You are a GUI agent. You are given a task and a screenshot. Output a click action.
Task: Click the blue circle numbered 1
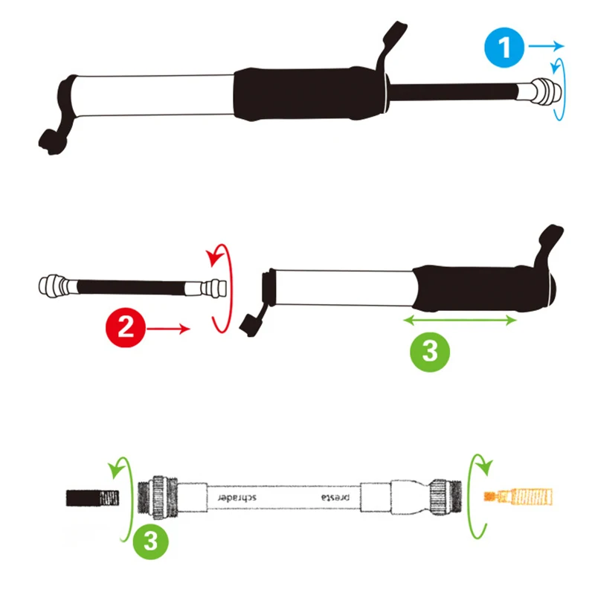[x=504, y=48]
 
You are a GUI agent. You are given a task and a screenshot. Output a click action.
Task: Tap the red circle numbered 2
[x=126, y=327]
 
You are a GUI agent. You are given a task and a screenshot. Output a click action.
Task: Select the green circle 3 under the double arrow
[x=430, y=352]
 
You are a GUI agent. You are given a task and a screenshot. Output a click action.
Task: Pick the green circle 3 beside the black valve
[x=151, y=540]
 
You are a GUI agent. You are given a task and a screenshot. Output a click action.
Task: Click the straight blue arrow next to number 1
[x=546, y=46]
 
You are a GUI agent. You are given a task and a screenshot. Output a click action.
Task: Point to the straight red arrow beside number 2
[x=168, y=329]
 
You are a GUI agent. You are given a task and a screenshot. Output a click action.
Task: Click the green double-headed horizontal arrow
[x=460, y=321]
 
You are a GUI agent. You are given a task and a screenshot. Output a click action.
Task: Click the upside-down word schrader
[x=237, y=497]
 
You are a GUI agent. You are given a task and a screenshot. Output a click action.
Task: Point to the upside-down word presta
[x=335, y=497]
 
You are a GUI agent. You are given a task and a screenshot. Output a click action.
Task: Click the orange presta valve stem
[x=518, y=497]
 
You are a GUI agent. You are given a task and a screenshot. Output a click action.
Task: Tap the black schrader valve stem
[x=92, y=498]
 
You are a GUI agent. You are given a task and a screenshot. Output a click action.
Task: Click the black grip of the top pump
[x=309, y=94]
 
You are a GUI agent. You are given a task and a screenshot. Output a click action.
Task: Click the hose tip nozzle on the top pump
[x=547, y=91]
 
